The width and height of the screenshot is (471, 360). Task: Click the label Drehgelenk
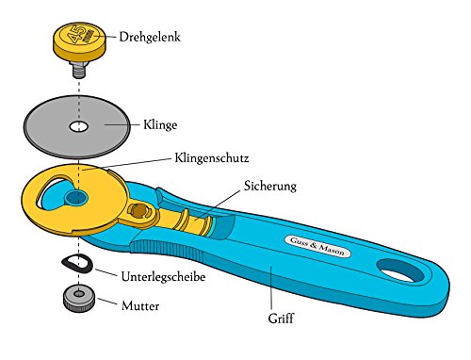150,37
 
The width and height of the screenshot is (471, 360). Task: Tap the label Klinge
160,124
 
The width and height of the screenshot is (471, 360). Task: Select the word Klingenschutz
212,157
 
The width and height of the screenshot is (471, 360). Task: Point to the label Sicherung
270,186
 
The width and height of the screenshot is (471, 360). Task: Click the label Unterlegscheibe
163,277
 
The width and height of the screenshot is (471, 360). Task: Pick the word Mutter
140,305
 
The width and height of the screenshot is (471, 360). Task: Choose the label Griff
281,319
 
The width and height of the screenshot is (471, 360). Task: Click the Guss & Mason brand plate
317,246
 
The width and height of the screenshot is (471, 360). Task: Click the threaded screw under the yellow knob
79,69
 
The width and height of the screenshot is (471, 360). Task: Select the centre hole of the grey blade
79,126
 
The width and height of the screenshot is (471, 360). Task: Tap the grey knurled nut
79,298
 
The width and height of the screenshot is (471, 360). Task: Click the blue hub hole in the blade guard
76,198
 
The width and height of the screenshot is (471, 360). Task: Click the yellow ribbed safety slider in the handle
191,221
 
